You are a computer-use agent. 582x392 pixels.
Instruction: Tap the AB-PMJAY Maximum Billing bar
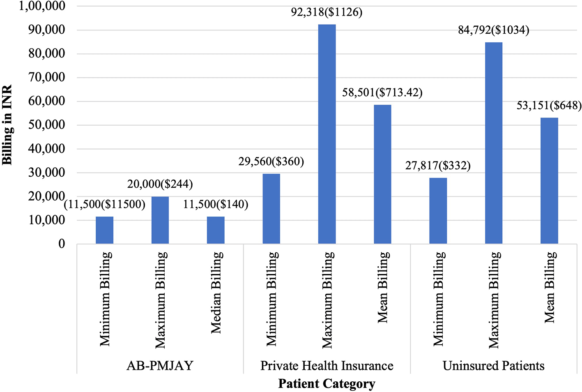tap(160, 220)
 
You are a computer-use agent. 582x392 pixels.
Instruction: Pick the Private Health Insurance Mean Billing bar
tap(382, 174)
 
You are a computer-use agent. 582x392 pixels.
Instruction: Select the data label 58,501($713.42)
tap(382, 93)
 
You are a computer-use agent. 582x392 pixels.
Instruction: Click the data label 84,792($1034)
tap(494, 30)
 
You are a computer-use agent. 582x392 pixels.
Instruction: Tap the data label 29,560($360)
tap(271, 161)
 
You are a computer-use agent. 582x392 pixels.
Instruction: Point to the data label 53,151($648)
tap(549, 106)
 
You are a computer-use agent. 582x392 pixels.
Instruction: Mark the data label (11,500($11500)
tap(105, 204)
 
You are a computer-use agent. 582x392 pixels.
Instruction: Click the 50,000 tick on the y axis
tap(47, 125)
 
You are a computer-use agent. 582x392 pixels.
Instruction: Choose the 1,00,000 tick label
tap(42, 6)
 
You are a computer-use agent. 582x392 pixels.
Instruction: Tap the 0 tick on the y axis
tap(62, 244)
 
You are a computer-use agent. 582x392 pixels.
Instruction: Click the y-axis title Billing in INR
tap(7, 125)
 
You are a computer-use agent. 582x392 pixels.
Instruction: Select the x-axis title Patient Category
tap(327, 384)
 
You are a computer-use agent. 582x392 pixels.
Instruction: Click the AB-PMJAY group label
tap(160, 366)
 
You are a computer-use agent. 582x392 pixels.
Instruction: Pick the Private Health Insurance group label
tap(327, 366)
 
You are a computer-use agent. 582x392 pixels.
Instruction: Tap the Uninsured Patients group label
tap(494, 366)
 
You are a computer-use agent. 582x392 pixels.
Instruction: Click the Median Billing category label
tap(216, 293)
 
